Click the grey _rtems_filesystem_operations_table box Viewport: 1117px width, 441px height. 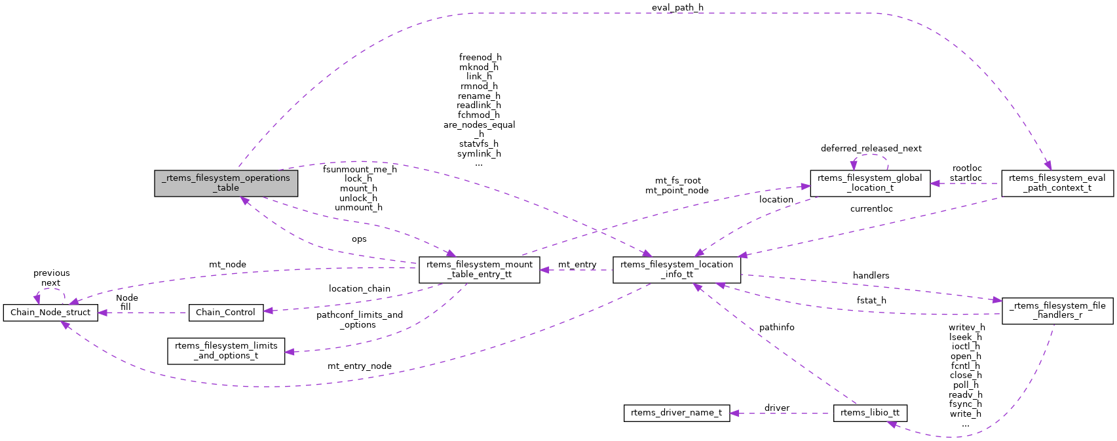coord(226,183)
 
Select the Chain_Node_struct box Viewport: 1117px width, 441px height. coord(50,313)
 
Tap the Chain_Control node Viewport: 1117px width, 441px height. coord(225,313)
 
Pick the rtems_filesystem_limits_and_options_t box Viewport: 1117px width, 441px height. coord(226,351)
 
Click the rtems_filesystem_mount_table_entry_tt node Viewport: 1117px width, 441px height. coord(480,269)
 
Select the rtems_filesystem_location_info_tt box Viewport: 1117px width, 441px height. coord(677,269)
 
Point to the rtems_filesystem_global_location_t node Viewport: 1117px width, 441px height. coord(869,183)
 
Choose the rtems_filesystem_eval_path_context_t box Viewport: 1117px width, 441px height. coord(1057,183)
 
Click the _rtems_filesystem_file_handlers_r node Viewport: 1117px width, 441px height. coord(1057,310)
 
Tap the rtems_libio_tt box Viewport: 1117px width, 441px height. coord(870,413)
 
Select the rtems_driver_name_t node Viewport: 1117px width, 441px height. coord(676,413)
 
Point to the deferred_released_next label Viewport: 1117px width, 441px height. coord(871,149)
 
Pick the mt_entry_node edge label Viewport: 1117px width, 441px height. coord(359,366)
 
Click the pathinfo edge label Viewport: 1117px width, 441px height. coord(776,327)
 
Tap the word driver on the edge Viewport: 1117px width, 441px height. coord(776,408)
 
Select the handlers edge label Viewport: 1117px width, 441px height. coord(871,276)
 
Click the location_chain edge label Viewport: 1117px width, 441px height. coord(359,289)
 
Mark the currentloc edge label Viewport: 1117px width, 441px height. coord(871,209)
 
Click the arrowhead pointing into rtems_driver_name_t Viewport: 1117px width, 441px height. coord(734,413)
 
